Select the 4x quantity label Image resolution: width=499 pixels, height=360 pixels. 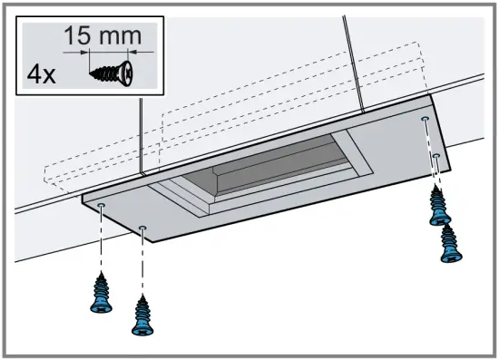pos(41,74)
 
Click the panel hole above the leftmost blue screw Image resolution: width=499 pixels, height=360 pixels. pos(101,207)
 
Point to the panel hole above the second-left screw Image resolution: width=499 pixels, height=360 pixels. pos(143,228)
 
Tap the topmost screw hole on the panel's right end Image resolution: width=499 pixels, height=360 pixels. pos(426,119)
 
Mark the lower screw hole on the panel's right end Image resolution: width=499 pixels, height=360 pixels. pos(436,157)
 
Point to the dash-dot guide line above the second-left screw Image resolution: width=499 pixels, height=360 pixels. pos(143,263)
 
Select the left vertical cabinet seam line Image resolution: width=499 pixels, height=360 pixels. pos(142,136)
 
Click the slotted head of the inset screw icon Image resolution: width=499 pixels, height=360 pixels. pos(128,72)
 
